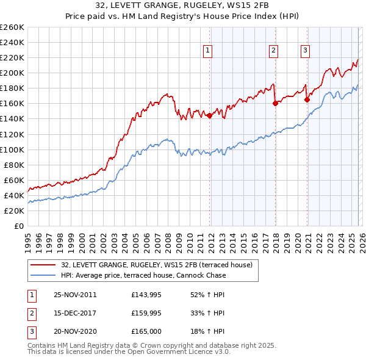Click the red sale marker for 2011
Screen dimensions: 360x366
pyautogui.click(x=210, y=115)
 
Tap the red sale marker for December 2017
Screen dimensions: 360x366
pyautogui.click(x=275, y=103)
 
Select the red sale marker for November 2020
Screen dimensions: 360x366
pyautogui.click(x=307, y=99)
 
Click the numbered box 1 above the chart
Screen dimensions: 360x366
pyautogui.click(x=209, y=51)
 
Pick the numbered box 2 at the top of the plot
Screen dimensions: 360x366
pyautogui.click(x=273, y=51)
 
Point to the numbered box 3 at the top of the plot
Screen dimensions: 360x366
pyautogui.click(x=305, y=51)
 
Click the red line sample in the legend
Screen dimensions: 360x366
pyautogui.click(x=44, y=264)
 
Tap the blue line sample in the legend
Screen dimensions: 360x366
pyautogui.click(x=44, y=275)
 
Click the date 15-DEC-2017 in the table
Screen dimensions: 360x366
pyautogui.click(x=75, y=313)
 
